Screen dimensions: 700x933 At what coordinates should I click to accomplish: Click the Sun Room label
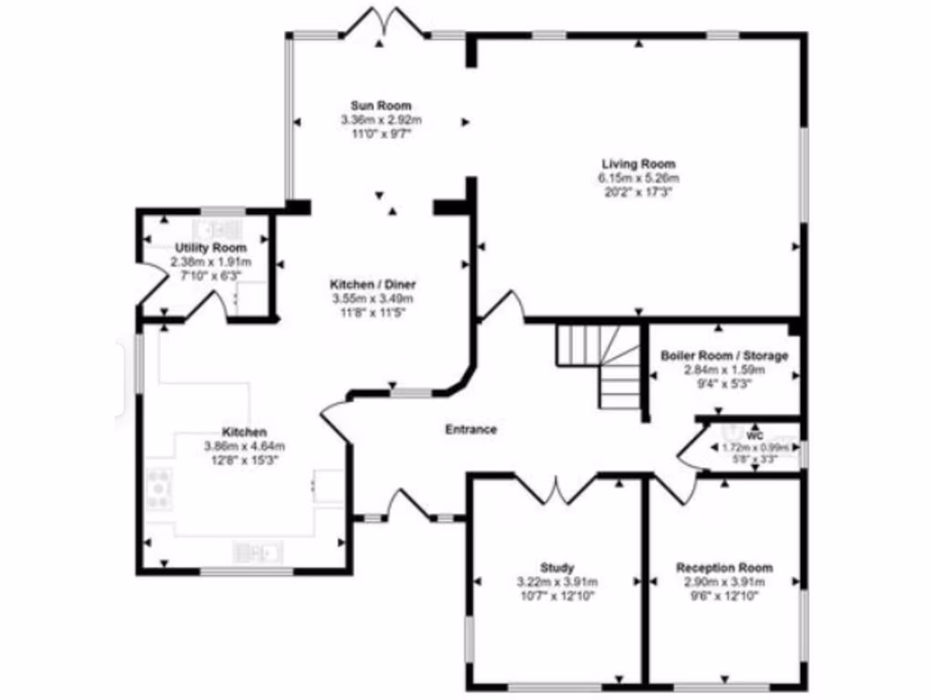[381, 106]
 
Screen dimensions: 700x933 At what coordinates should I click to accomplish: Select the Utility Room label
[210, 248]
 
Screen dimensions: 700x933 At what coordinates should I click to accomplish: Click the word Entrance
[471, 429]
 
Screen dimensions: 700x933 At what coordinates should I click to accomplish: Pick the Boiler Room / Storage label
[724, 355]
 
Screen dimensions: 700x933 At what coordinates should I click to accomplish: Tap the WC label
[754, 436]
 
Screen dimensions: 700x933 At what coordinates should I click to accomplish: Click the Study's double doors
[556, 489]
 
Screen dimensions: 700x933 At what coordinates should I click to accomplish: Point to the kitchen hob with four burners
[160, 488]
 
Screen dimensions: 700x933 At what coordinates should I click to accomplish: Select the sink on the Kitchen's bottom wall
[261, 550]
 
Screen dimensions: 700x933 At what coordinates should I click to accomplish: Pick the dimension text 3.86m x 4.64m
[244, 447]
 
